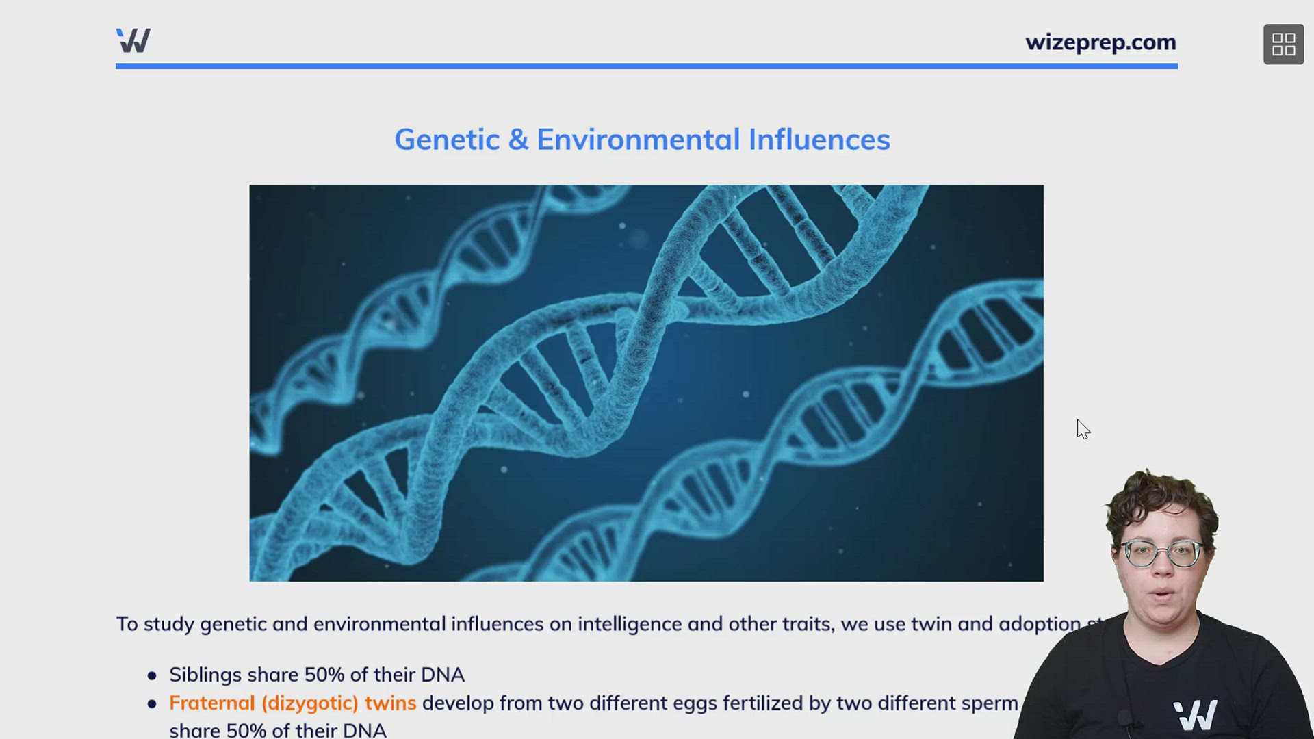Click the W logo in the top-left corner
[133, 40]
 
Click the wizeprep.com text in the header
[1100, 42]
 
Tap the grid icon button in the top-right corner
[1283, 44]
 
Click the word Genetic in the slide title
[447, 140]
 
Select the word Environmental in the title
[638, 140]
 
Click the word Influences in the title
[819, 140]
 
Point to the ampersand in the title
[518, 140]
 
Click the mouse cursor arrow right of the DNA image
[1082, 428]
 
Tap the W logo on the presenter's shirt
[1195, 714]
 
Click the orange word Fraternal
[211, 703]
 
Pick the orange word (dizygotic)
[309, 703]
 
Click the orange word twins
[390, 703]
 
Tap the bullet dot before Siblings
[152, 675]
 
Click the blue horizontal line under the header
[646, 66]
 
